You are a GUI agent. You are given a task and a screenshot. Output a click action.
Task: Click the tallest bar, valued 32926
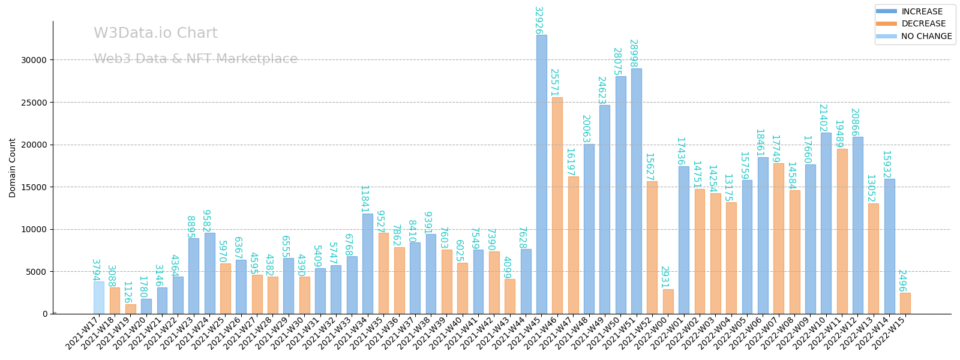(x=541, y=174)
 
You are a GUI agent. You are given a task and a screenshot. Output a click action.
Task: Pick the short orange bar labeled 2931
(x=668, y=302)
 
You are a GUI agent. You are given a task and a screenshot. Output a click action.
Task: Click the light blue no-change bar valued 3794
(x=98, y=298)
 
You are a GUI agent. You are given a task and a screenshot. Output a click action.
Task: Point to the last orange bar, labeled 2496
(x=905, y=304)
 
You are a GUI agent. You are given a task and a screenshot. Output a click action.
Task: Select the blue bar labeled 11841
(x=367, y=263)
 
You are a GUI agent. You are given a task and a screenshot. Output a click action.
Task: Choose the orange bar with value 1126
(x=130, y=309)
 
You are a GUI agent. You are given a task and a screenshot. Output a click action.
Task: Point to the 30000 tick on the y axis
(x=34, y=60)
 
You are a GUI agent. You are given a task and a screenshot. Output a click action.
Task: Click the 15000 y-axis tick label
(x=34, y=187)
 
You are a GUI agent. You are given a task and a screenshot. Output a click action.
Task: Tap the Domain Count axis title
(x=13, y=167)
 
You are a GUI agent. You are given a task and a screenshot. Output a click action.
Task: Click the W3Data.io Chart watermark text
(x=155, y=33)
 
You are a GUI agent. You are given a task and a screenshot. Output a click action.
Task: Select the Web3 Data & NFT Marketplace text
(x=196, y=59)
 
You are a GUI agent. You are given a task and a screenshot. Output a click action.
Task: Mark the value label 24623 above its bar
(x=602, y=90)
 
